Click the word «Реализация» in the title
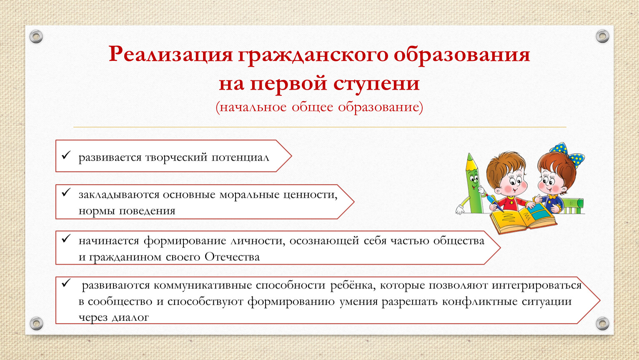170,54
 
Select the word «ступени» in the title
376,84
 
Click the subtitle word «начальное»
253,107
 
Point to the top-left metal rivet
36,37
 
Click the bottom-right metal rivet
602,323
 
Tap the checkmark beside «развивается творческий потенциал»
66,155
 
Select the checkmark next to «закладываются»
66,192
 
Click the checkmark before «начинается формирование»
66,238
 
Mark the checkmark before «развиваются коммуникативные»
66,283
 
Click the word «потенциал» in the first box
240,157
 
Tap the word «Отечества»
232,257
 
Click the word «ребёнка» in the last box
353,285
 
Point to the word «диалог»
130,317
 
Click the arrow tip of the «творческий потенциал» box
291,156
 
